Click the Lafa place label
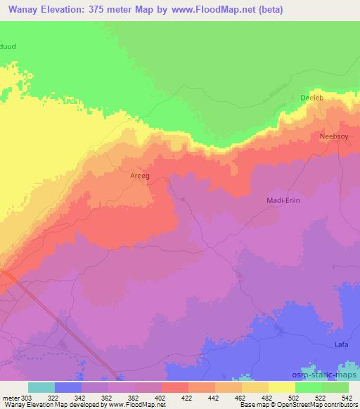point(340,345)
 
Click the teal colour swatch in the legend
point(41,387)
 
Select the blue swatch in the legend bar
point(68,387)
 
